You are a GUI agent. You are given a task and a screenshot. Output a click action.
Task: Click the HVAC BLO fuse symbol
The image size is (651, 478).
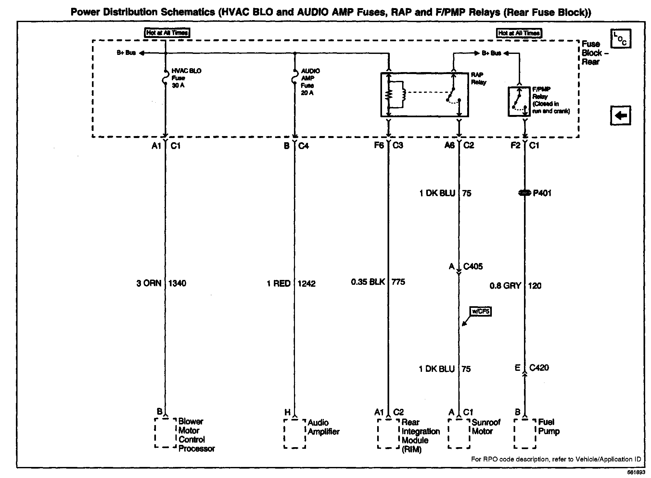(165, 78)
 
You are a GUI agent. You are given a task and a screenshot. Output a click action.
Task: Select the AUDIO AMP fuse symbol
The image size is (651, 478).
(295, 78)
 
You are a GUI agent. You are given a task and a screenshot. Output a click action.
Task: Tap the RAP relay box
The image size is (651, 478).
(424, 94)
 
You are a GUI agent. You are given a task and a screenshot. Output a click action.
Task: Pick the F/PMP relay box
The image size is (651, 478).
(519, 101)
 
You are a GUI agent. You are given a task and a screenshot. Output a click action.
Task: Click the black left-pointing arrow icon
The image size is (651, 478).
(620, 115)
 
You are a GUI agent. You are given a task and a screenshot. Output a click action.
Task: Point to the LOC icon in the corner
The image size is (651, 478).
(620, 39)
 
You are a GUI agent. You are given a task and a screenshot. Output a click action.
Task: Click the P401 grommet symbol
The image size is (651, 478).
(524, 193)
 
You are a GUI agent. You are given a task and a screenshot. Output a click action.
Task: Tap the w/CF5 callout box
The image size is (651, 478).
(480, 312)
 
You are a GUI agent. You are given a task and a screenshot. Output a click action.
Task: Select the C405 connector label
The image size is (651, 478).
(473, 267)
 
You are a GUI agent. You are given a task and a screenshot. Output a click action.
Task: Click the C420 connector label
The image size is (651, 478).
(539, 368)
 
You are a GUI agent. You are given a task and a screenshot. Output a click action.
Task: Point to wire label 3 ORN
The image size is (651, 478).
(148, 283)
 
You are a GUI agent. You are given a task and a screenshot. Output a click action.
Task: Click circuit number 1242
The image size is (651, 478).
(307, 284)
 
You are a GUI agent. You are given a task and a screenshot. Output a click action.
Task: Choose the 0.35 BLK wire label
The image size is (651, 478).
(367, 282)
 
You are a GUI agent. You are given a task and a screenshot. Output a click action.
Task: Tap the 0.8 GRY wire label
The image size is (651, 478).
(505, 286)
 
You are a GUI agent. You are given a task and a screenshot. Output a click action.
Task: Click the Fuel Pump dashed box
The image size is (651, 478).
(525, 434)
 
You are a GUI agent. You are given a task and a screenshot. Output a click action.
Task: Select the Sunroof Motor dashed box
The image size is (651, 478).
(459, 434)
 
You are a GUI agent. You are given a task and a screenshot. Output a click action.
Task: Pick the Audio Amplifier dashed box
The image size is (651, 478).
(295, 434)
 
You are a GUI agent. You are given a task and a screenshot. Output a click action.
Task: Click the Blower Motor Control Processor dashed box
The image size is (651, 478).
(165, 433)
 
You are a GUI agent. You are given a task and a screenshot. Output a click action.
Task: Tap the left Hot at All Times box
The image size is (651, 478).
(167, 33)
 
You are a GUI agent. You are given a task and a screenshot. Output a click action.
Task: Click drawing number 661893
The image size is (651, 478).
(636, 473)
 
